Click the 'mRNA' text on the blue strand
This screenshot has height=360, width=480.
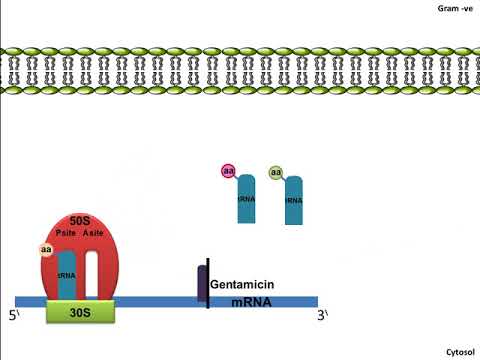(x=254, y=301)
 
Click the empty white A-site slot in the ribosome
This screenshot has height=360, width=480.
(x=92, y=273)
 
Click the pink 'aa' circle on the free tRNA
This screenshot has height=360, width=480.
(x=228, y=171)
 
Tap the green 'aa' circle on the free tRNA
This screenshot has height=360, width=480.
(x=275, y=173)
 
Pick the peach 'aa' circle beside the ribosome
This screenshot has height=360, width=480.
(x=46, y=249)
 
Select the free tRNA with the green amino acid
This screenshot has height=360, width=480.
(x=293, y=199)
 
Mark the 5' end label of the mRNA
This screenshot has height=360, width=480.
(x=14, y=317)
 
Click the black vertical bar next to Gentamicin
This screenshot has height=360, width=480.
(x=208, y=283)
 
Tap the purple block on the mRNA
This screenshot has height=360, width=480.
(x=201, y=284)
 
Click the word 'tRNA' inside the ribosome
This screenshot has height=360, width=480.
(x=67, y=275)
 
